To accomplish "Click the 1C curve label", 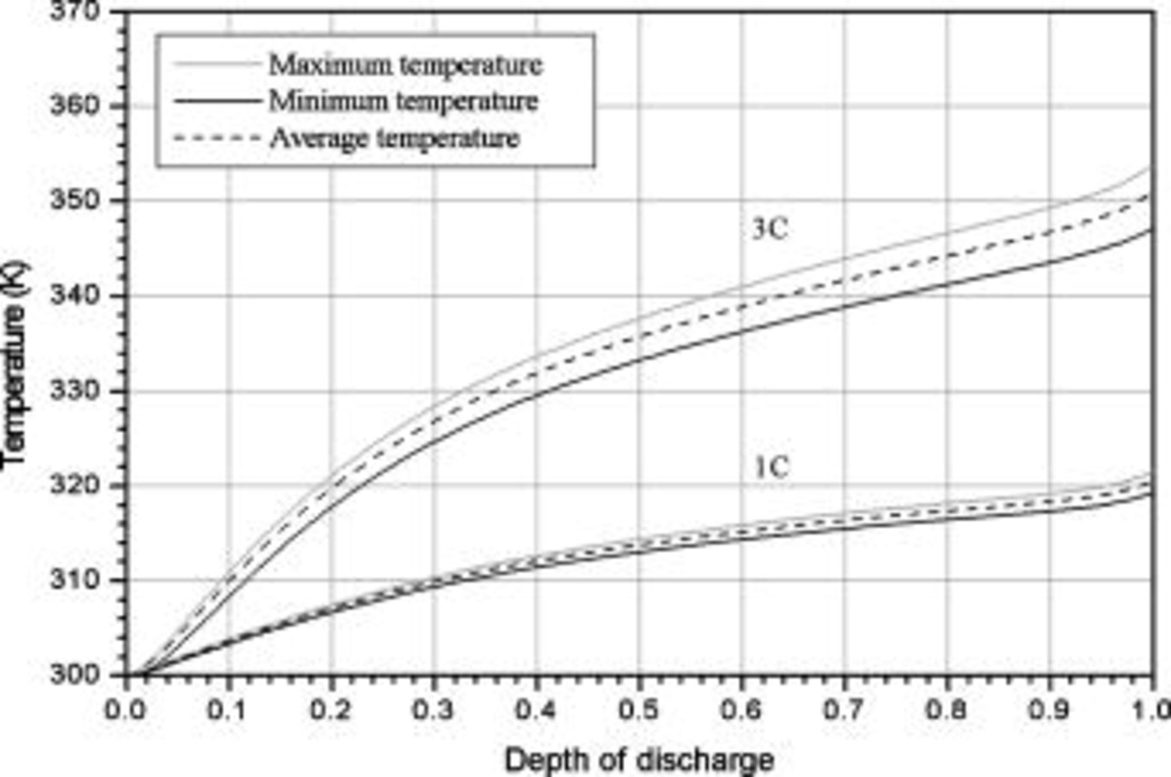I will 771,467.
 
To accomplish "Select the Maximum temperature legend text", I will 405,65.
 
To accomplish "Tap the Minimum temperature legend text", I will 403,101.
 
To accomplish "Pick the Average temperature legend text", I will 394,138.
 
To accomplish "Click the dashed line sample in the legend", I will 217,138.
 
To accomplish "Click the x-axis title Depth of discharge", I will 639,759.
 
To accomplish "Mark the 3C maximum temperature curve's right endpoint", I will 1150,168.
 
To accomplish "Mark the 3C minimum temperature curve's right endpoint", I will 1150,230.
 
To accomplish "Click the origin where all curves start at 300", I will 130,675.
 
